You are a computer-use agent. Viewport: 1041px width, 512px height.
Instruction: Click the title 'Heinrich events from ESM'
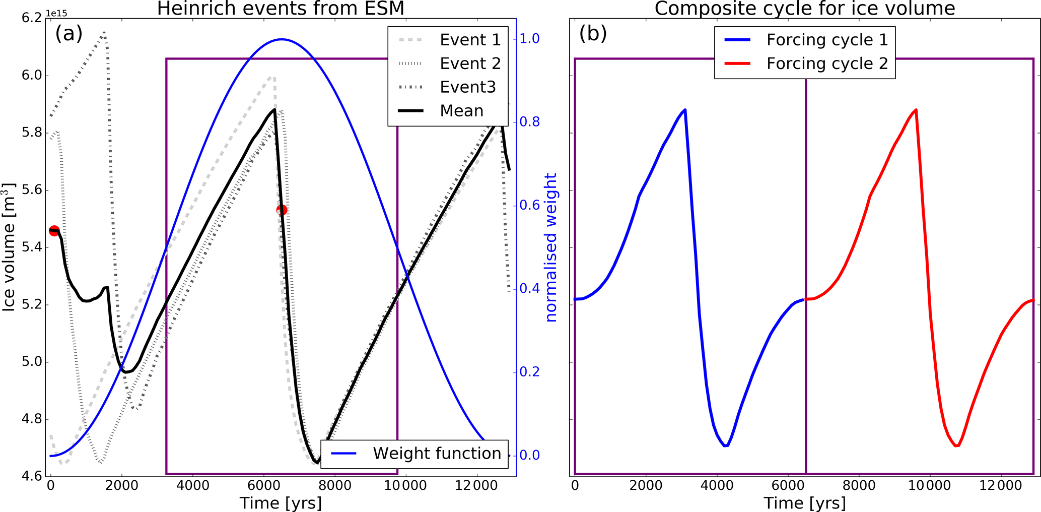281,9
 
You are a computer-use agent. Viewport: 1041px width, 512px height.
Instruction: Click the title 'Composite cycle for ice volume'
804,9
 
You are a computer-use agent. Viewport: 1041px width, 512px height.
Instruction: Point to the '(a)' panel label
68,34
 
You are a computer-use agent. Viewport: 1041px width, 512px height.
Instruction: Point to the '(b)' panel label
593,34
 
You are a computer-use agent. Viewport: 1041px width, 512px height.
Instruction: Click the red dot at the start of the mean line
54,231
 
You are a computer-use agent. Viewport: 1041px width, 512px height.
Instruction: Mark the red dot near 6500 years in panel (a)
282,210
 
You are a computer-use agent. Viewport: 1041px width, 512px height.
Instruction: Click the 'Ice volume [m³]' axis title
10,247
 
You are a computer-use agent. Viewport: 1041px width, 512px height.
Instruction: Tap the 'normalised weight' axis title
551,247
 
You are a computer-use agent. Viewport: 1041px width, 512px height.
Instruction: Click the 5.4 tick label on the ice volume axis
32,247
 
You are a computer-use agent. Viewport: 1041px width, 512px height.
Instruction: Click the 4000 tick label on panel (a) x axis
194,486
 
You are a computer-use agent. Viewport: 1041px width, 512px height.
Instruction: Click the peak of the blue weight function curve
282,39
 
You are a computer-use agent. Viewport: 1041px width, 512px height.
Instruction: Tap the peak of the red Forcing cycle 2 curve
916,109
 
